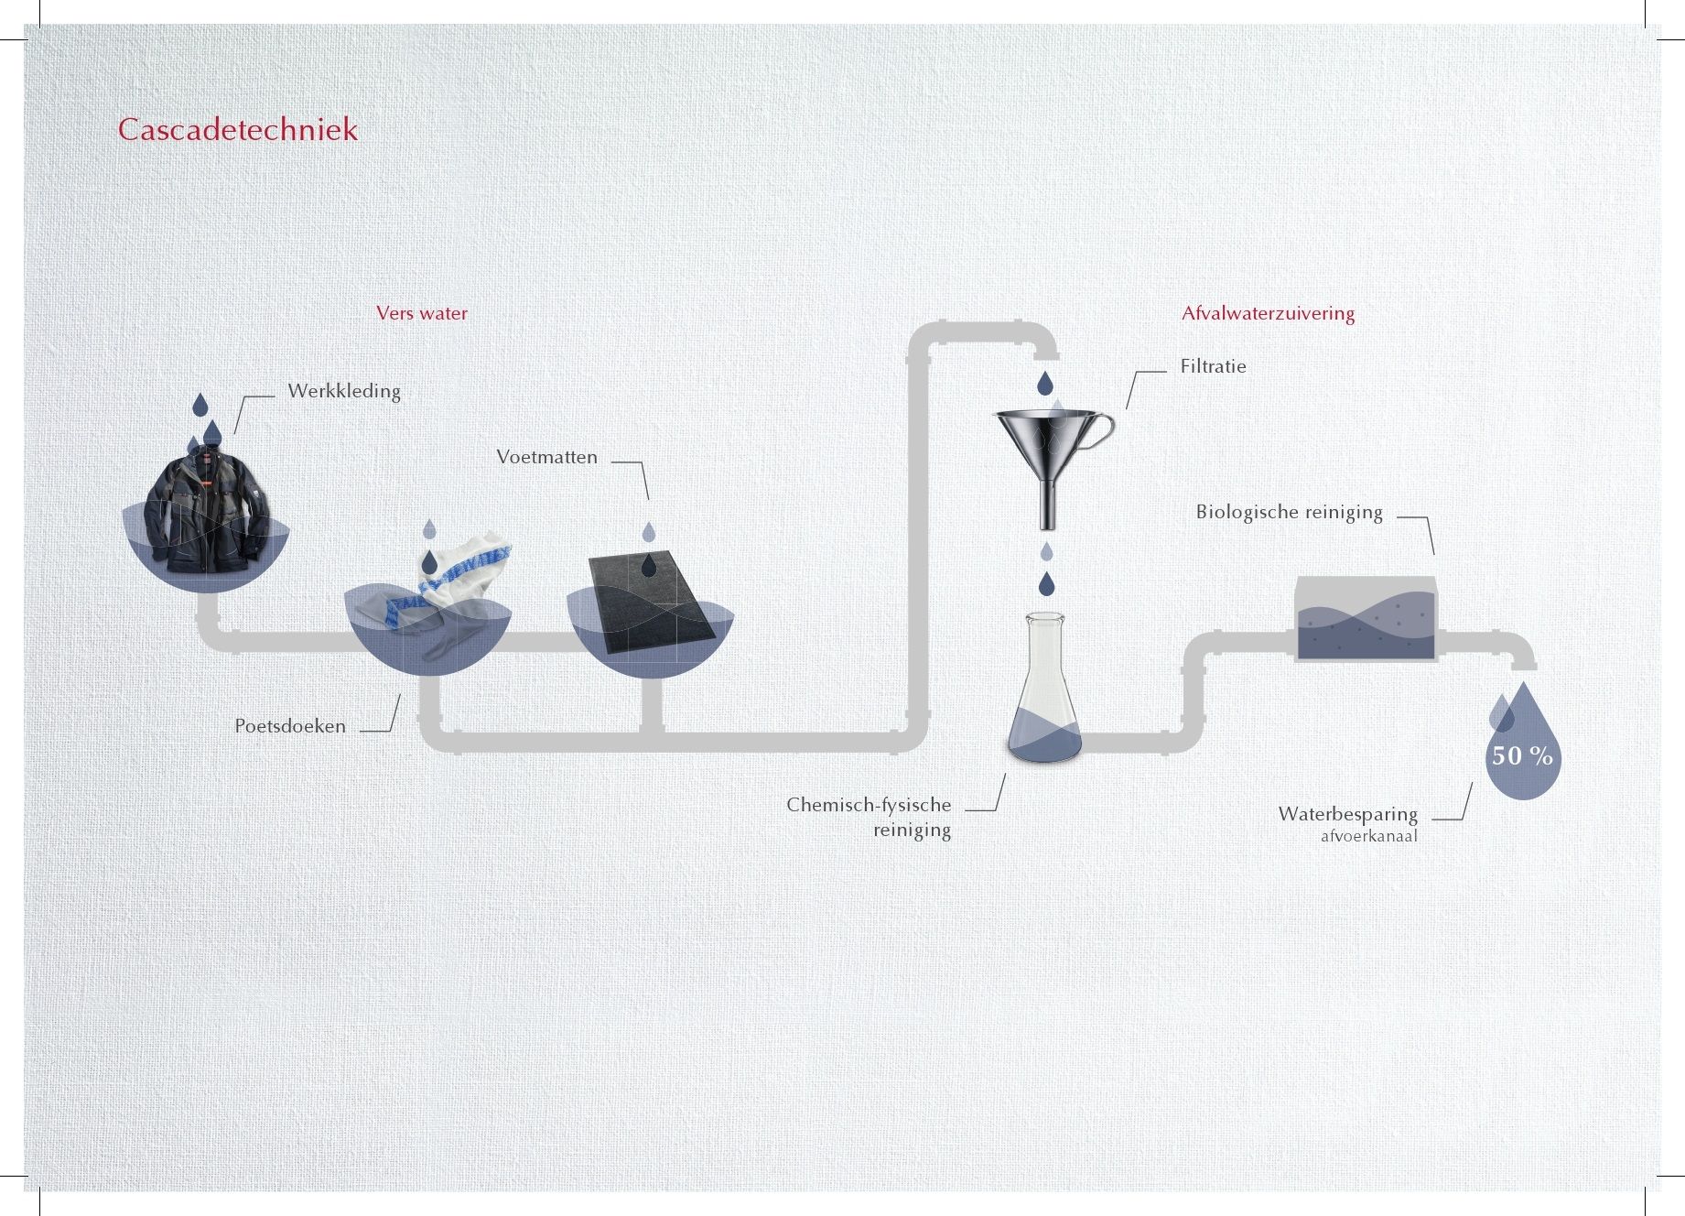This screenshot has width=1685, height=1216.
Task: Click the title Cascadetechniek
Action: [x=238, y=129]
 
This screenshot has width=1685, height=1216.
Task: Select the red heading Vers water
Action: [x=422, y=313]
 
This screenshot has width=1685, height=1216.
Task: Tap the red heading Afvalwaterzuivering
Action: [x=1268, y=313]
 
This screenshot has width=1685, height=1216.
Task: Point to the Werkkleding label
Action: [x=344, y=391]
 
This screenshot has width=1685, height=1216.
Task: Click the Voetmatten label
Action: [x=546, y=457]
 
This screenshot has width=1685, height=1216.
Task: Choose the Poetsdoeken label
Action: [x=290, y=726]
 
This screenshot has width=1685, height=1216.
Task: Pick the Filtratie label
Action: [x=1213, y=366]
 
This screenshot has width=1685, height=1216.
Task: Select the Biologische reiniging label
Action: [x=1289, y=512]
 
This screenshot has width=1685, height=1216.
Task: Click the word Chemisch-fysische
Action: [x=869, y=806]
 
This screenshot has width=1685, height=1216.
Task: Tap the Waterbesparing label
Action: [x=1347, y=814]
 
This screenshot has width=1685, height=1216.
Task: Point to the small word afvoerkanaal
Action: [x=1368, y=836]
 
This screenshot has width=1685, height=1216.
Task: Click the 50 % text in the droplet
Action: [x=1522, y=755]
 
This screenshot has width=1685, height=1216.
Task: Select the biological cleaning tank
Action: [x=1366, y=619]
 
